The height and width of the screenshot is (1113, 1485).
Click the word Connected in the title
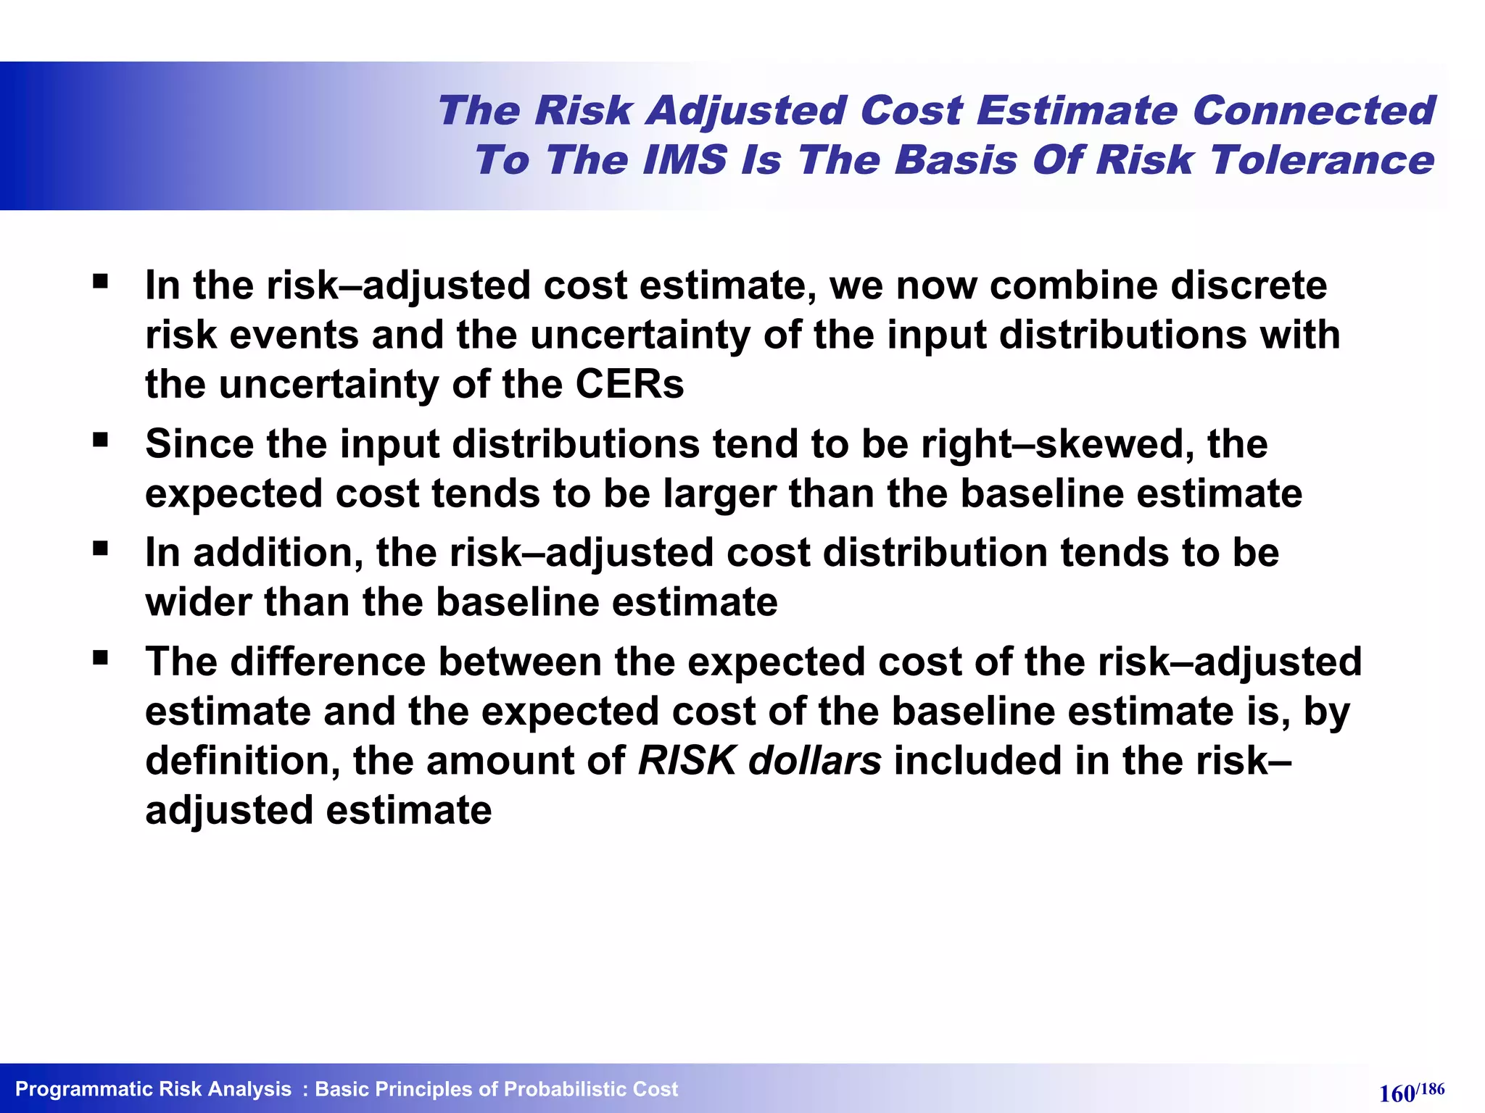[x=1313, y=111]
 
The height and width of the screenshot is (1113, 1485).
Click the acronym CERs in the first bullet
[x=629, y=384]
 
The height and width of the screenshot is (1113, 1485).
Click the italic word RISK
[x=687, y=761]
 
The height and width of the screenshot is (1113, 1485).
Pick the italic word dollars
[x=815, y=761]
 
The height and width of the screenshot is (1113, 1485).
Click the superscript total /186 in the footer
[x=1431, y=1088]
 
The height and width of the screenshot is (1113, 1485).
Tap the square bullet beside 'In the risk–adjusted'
[x=100, y=281]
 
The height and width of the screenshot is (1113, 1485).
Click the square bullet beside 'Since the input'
[x=100, y=439]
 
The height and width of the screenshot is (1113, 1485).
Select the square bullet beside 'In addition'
[x=100, y=549]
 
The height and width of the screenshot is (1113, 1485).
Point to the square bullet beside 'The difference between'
[x=100, y=658]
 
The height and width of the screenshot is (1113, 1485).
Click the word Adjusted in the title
[x=746, y=111]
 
